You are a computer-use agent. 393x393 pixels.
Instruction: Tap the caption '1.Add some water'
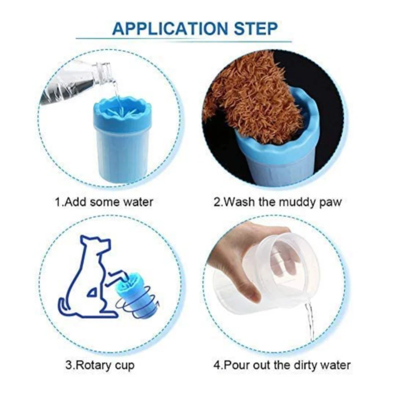tap(104, 202)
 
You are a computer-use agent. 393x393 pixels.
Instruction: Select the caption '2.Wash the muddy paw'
tap(278, 202)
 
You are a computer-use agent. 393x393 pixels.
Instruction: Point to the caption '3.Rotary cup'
tap(100, 365)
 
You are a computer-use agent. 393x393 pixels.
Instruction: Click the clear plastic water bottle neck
tap(104, 71)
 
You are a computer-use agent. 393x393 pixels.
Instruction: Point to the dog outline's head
tap(95, 245)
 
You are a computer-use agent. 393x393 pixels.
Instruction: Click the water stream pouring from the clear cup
tap(310, 320)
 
